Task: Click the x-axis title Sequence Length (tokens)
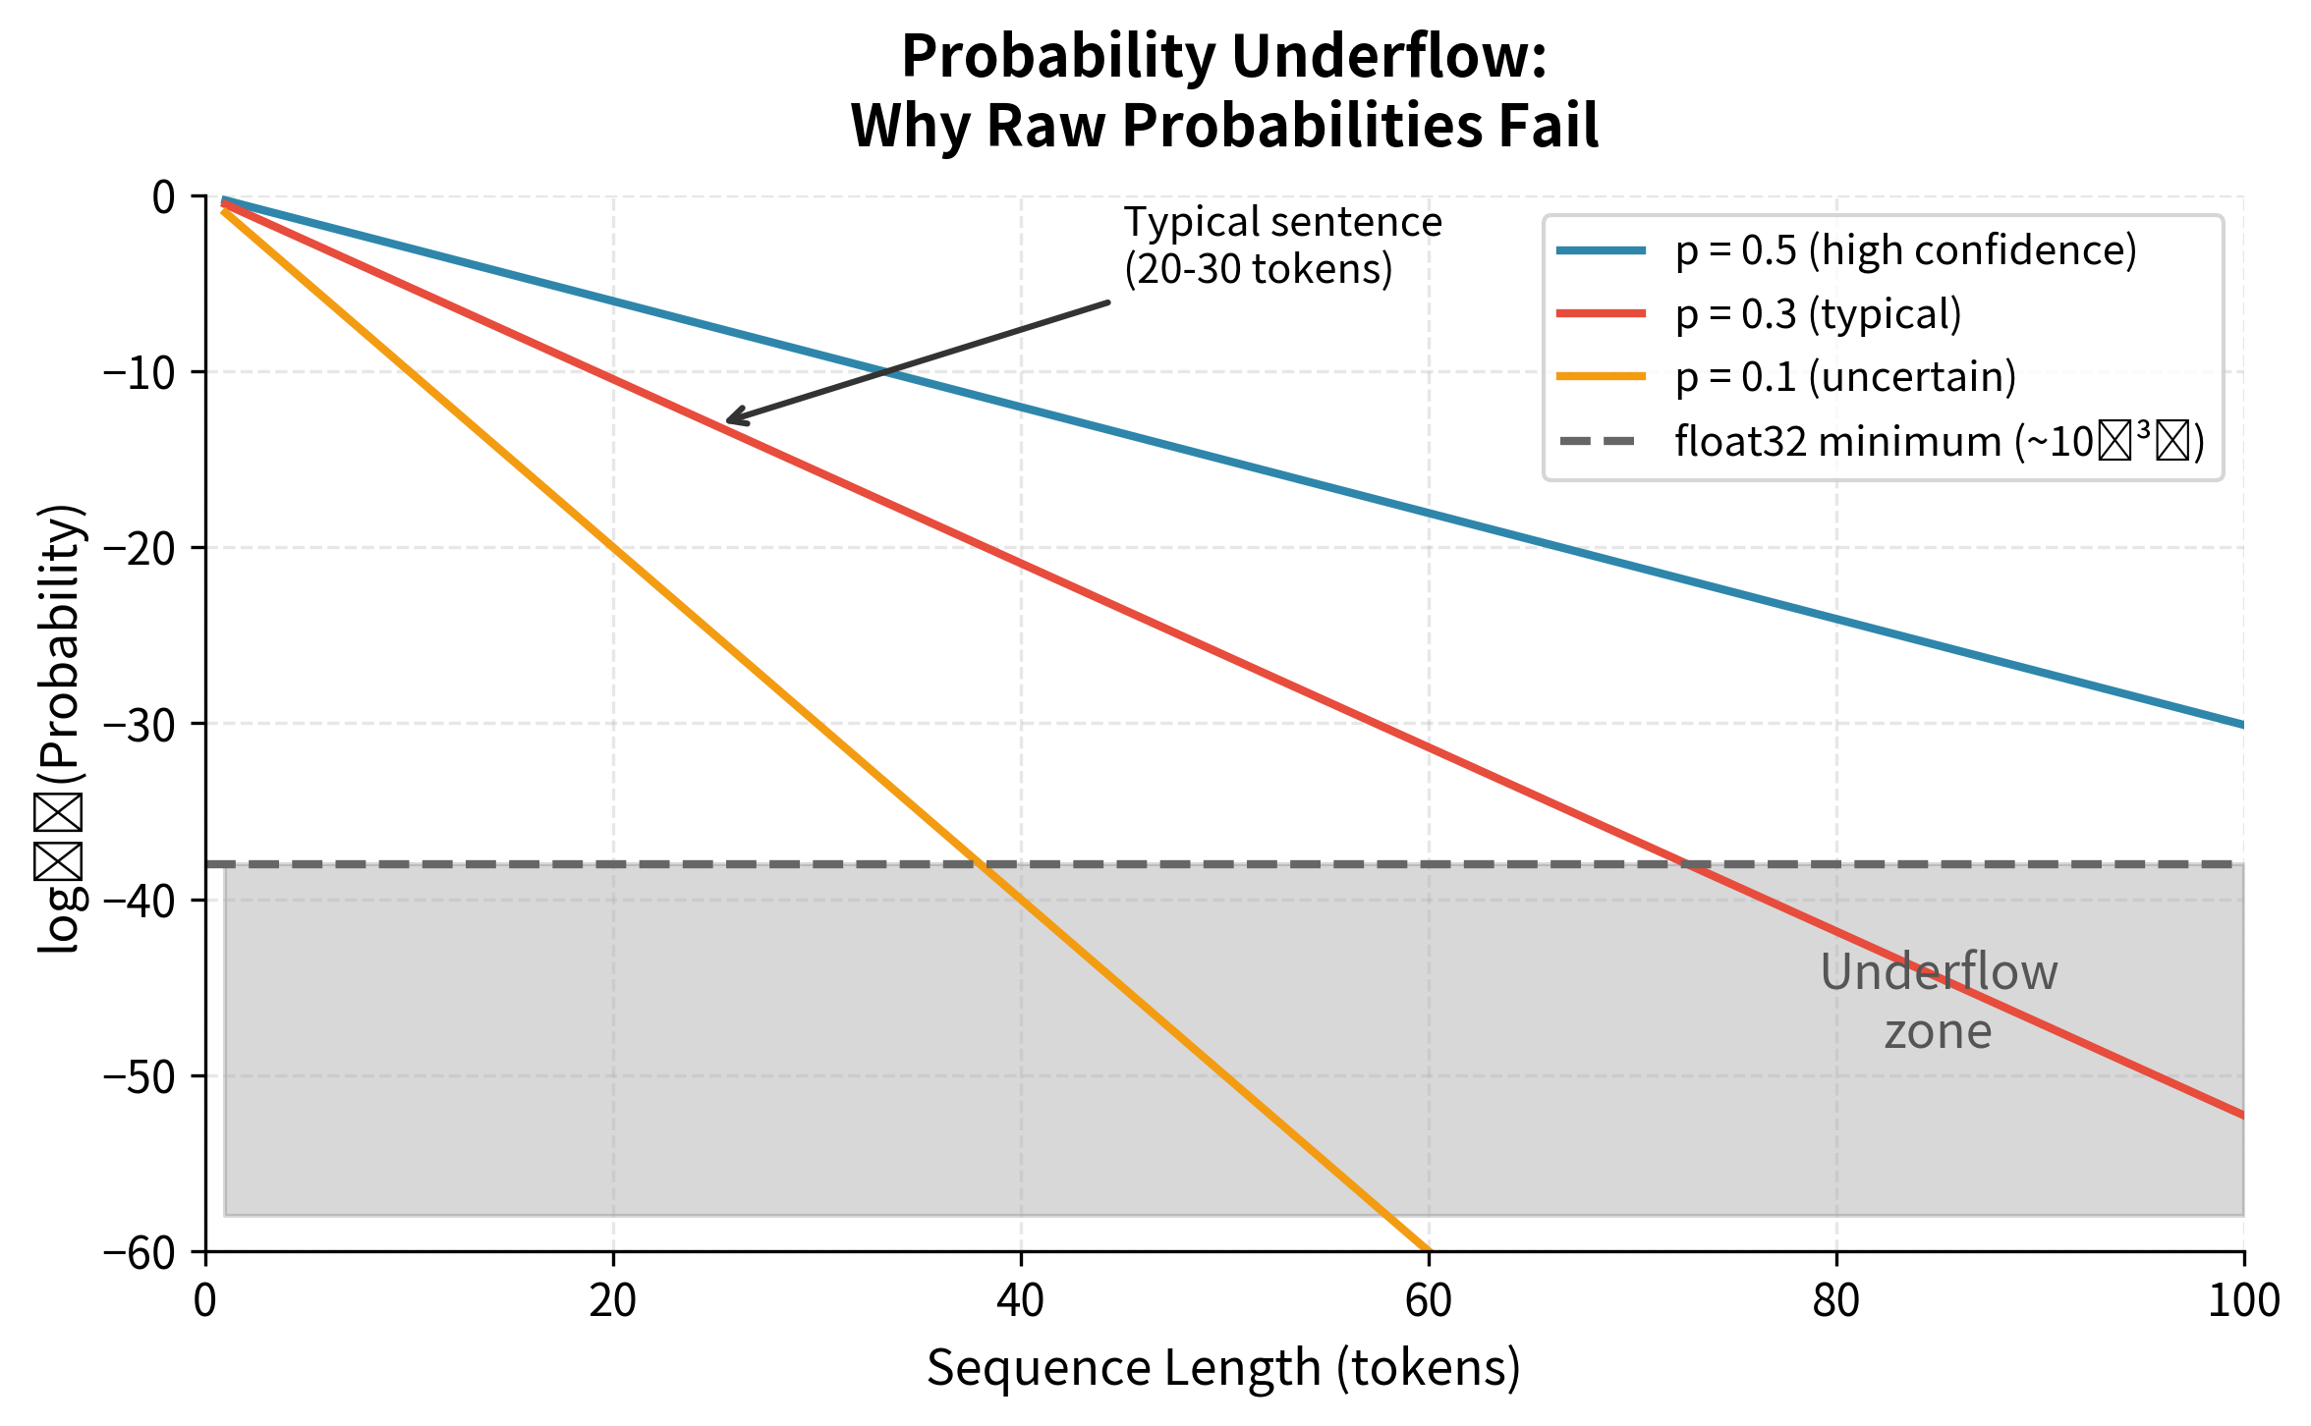pyautogui.click(x=1223, y=1368)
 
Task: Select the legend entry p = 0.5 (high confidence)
pyautogui.click(x=1905, y=250)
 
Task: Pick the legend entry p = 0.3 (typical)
pyautogui.click(x=1818, y=314)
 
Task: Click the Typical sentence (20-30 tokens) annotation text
pyautogui.click(x=1281, y=246)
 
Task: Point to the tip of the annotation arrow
pyautogui.click(x=728, y=421)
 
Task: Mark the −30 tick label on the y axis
pyautogui.click(x=148, y=724)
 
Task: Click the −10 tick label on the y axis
pyautogui.click(x=148, y=372)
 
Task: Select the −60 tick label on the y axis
pyautogui.click(x=148, y=1252)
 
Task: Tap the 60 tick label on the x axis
pyautogui.click(x=1428, y=1301)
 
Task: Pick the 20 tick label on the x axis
pyautogui.click(x=613, y=1301)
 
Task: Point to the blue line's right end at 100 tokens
pyautogui.click(x=2242, y=725)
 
